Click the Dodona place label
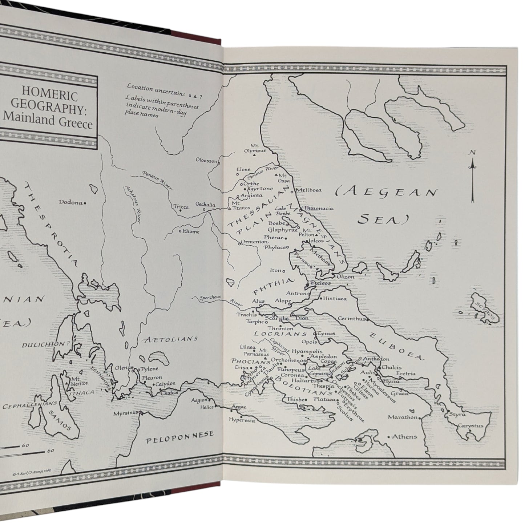click(x=70, y=202)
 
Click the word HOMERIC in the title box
click(x=50, y=96)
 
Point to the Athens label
click(x=404, y=437)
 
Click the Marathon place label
click(x=402, y=417)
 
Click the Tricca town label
click(x=181, y=207)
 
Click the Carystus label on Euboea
click(x=470, y=425)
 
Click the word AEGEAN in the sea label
click(x=387, y=192)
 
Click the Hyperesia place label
click(x=242, y=420)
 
